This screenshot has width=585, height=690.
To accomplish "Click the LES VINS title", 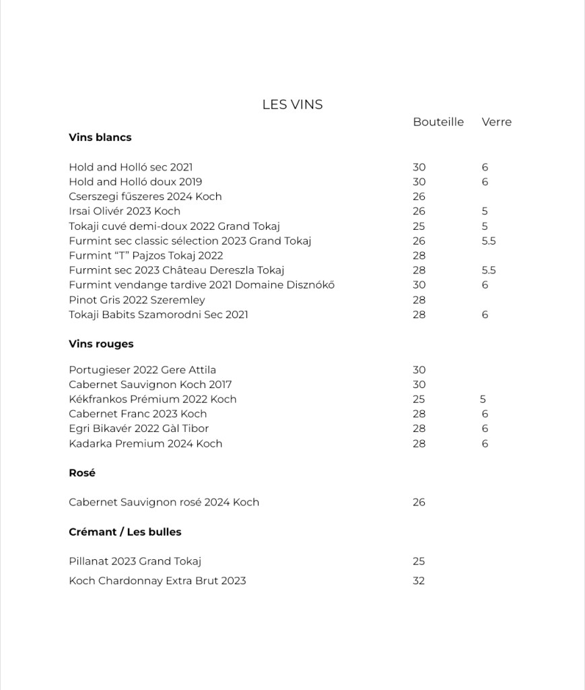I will [292, 104].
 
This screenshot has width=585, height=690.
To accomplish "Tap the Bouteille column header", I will [438, 122].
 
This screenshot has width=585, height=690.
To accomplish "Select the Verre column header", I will [496, 122].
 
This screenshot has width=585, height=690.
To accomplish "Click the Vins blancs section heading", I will [100, 137].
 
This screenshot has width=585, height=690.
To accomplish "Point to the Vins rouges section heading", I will [101, 344].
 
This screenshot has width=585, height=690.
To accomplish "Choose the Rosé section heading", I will [82, 473].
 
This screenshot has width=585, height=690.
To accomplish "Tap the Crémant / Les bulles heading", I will [125, 532].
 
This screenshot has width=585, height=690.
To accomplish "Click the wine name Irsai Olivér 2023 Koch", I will [125, 211].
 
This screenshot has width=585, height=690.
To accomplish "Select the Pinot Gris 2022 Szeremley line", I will [137, 300].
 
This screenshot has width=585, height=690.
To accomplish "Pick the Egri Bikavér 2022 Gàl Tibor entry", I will [139, 429].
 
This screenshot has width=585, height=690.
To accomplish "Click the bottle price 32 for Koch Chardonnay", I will [419, 581].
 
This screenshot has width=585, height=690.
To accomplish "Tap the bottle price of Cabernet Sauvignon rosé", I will [419, 502].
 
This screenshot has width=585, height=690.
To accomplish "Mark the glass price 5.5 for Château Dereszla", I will [489, 270].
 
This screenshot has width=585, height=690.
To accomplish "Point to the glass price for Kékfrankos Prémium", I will [483, 399].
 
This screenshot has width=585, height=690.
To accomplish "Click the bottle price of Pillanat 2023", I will [419, 561].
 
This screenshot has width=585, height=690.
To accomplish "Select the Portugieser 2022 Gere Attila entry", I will [142, 370].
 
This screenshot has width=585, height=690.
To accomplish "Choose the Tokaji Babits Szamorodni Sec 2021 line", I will [158, 315].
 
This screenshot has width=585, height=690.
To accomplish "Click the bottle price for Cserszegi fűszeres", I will [419, 197].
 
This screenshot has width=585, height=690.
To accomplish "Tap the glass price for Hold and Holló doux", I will [485, 182].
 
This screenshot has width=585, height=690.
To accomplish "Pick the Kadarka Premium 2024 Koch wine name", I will [145, 443].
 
